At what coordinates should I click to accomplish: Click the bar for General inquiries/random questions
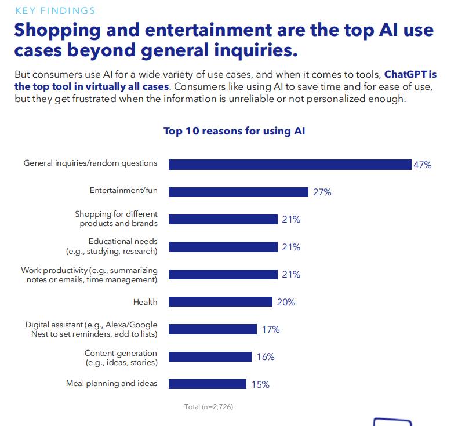[290, 165]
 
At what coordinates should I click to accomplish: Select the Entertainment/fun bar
[238, 192]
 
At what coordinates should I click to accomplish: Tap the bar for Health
[220, 301]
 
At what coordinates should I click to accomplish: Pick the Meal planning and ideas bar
[208, 384]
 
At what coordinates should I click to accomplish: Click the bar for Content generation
[210, 356]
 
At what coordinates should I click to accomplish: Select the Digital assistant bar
[213, 329]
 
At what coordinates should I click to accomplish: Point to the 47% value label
[423, 165]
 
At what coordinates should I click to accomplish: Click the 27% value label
[322, 192]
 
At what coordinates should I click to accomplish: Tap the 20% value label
[286, 302]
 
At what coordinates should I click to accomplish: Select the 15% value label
[260, 384]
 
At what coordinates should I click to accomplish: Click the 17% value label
[271, 329]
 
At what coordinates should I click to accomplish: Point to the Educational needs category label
[112, 246]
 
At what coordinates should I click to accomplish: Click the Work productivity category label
[89, 275]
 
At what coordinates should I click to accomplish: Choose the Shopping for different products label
[117, 219]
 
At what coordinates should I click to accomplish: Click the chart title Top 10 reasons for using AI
[234, 131]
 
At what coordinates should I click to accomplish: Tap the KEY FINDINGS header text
[55, 11]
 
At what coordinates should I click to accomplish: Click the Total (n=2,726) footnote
[209, 407]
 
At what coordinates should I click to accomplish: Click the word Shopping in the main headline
[57, 31]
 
